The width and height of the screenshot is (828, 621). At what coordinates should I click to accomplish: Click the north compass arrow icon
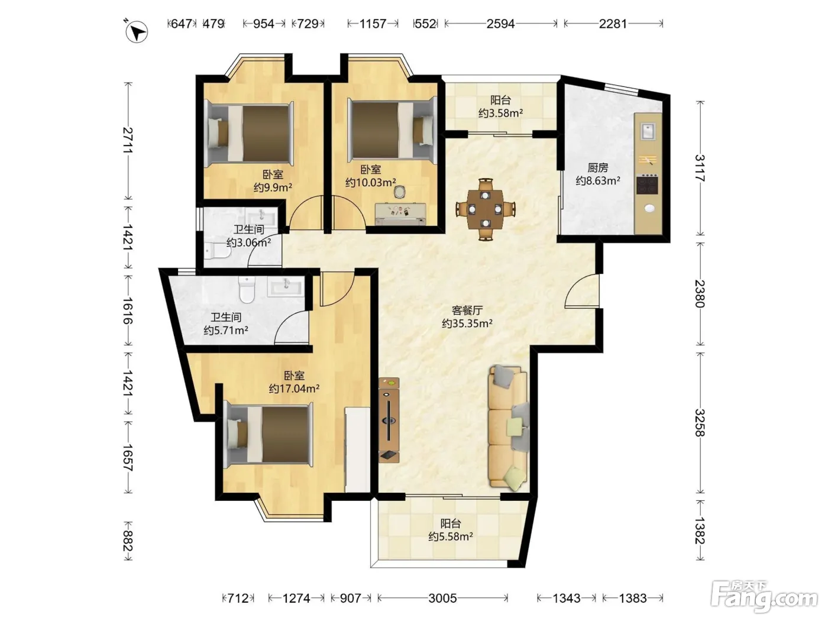(x=137, y=32)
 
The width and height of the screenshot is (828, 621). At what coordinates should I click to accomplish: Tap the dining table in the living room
(x=485, y=209)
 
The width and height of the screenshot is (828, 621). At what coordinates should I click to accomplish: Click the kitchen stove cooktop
(x=648, y=184)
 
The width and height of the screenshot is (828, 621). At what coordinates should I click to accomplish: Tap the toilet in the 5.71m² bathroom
(x=247, y=290)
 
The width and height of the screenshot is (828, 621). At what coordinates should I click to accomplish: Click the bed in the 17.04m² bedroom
(x=268, y=435)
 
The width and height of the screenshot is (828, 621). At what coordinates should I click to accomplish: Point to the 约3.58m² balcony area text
(x=500, y=113)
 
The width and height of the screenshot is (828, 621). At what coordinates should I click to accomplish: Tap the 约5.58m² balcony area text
(x=451, y=536)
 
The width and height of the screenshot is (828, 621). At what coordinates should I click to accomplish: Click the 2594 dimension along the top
(x=500, y=24)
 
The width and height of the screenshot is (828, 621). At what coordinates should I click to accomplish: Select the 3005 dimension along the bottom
(x=442, y=598)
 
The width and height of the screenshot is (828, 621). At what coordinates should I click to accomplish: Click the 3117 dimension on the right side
(x=700, y=168)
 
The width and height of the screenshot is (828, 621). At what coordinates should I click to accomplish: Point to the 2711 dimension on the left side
(x=128, y=140)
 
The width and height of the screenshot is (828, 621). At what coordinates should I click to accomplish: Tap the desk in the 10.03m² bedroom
(x=400, y=214)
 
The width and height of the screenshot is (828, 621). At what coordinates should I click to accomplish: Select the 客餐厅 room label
(x=467, y=310)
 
